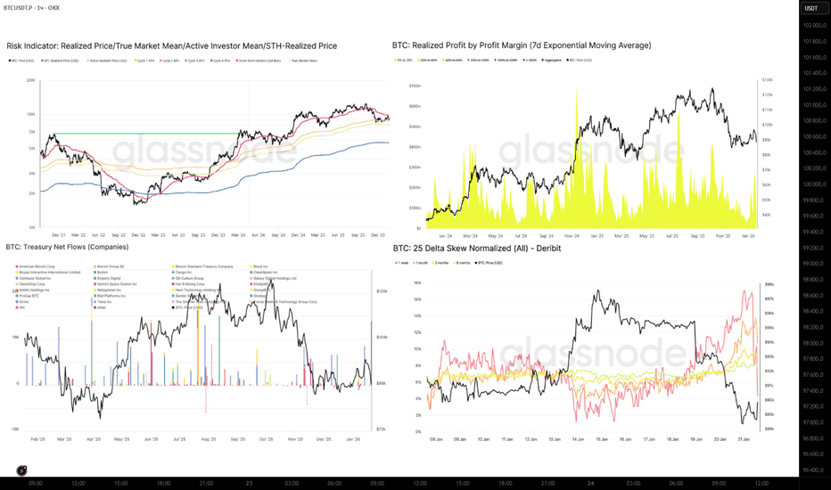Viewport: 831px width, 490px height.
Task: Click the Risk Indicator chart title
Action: (171, 45)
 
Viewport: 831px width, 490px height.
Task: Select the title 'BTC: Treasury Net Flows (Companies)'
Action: (67, 247)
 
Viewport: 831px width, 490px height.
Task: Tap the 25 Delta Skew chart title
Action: (476, 249)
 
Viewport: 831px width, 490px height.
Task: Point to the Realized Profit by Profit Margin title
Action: (522, 45)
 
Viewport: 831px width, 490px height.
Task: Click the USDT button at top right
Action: (810, 8)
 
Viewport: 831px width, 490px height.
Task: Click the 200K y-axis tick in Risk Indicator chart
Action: (31, 80)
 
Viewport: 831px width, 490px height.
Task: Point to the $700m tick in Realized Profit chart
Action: (415, 86)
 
